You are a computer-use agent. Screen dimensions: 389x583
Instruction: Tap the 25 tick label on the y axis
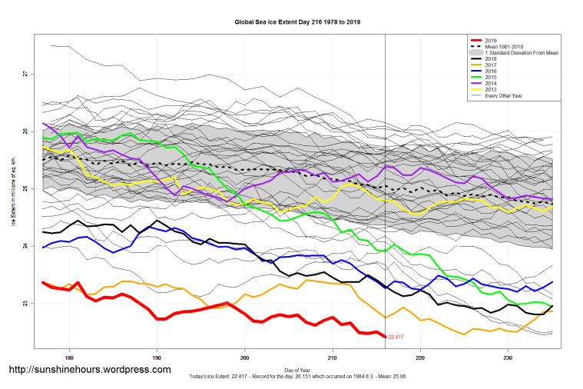25,188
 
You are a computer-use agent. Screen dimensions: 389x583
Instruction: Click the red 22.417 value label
396,337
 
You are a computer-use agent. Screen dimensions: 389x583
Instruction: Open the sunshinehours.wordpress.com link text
89,370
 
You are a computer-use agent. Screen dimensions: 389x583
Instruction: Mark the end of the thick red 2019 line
385,337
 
